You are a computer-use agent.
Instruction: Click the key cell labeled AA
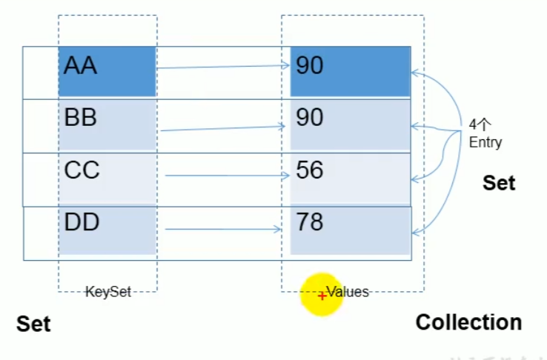(107, 71)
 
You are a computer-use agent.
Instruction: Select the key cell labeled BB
(107, 124)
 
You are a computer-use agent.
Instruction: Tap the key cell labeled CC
(107, 178)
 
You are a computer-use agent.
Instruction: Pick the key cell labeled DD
(107, 230)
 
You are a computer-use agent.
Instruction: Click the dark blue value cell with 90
(350, 71)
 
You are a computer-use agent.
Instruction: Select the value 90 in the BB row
(350, 124)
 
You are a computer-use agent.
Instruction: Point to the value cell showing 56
(350, 178)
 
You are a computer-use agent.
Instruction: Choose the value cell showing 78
(350, 230)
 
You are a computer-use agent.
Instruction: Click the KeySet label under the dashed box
(107, 292)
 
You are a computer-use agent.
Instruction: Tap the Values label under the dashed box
(347, 292)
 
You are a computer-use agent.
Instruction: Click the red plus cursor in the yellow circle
(322, 296)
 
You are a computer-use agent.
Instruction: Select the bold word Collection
(468, 322)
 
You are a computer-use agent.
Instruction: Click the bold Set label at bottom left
(33, 324)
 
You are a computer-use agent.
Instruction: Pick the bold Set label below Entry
(498, 183)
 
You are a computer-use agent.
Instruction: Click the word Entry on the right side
(485, 142)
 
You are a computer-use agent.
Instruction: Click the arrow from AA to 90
(222, 67)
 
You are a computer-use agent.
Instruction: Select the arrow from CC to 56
(226, 176)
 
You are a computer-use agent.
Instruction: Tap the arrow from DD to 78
(226, 229)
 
